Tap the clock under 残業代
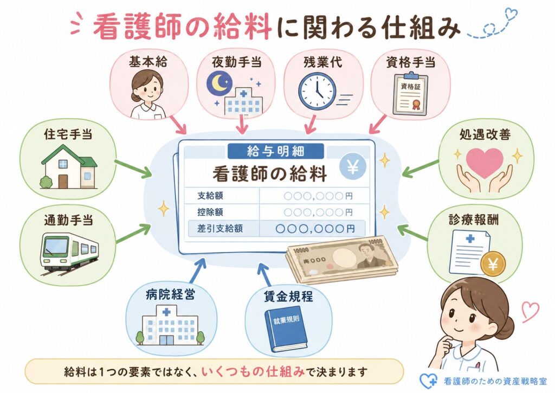tap(317, 91)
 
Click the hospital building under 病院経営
tap(171, 326)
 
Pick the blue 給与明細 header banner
tap(276, 151)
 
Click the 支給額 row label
tap(210, 196)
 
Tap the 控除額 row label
tap(210, 212)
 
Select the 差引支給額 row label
tap(220, 228)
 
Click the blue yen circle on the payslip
tap(352, 167)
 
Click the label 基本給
tap(148, 62)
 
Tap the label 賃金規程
tap(288, 296)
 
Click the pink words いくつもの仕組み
tap(253, 371)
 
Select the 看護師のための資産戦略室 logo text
tap(495, 381)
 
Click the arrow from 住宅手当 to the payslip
tap(133, 169)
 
